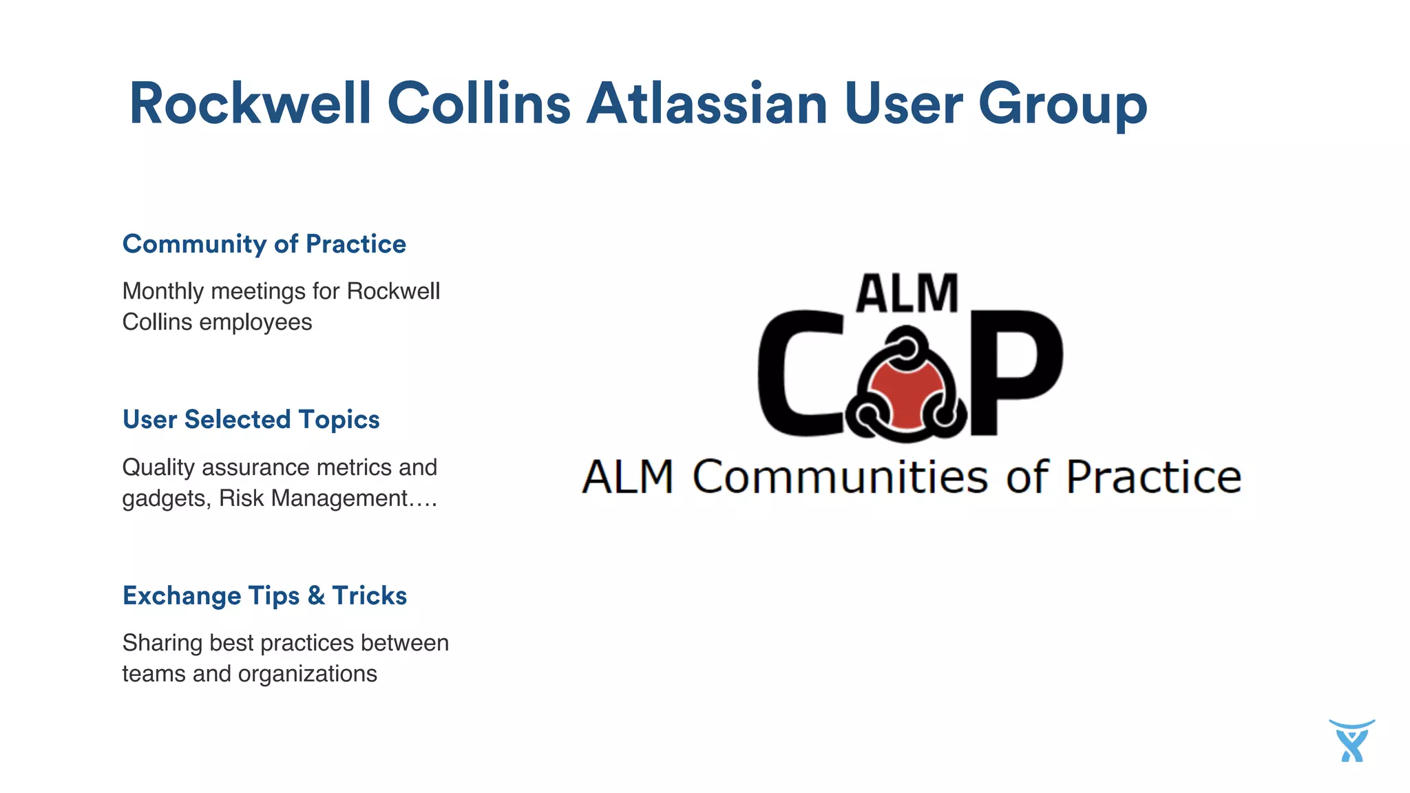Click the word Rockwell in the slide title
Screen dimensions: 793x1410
tap(250, 104)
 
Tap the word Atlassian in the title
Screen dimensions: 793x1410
tap(706, 104)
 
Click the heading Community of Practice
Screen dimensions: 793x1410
tap(264, 244)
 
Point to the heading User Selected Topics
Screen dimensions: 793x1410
tap(251, 420)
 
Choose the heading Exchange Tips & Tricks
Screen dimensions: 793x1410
tap(264, 596)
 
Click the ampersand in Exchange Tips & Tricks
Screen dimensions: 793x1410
tap(316, 596)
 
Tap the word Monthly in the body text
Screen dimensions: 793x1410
tap(162, 292)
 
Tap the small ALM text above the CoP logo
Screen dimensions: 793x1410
tap(907, 294)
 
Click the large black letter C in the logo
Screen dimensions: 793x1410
tap(799, 373)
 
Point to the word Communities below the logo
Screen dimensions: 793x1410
tap(840, 477)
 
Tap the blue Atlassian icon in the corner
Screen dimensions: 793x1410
tap(1352, 741)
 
